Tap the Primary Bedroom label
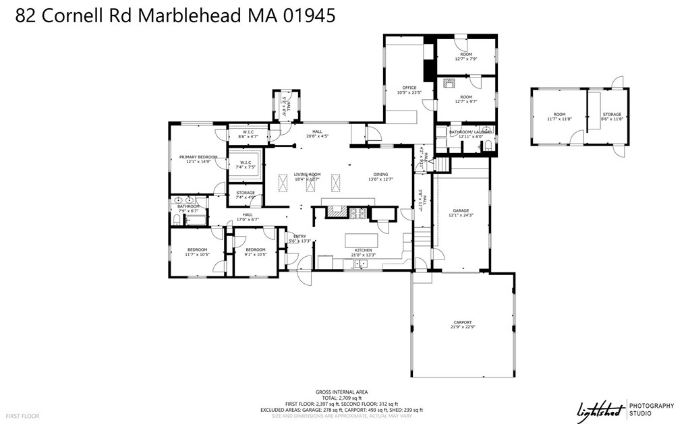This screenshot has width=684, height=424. point(198,157)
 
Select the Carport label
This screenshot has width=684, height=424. point(462,323)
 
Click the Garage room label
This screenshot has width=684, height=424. point(461,211)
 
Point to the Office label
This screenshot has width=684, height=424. point(409,88)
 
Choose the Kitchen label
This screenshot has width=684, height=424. point(364,250)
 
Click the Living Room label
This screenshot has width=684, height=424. point(307,175)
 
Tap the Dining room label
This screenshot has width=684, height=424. point(380,175)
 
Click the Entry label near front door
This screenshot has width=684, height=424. point(300,237)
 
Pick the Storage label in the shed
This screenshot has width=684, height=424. point(612,115)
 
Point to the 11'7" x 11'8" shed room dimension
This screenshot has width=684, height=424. point(559,119)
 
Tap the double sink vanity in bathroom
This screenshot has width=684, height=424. point(184,200)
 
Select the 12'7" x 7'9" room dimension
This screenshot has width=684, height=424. point(465,59)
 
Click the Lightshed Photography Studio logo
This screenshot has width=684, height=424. point(625,408)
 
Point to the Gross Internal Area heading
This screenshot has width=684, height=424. point(342,392)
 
